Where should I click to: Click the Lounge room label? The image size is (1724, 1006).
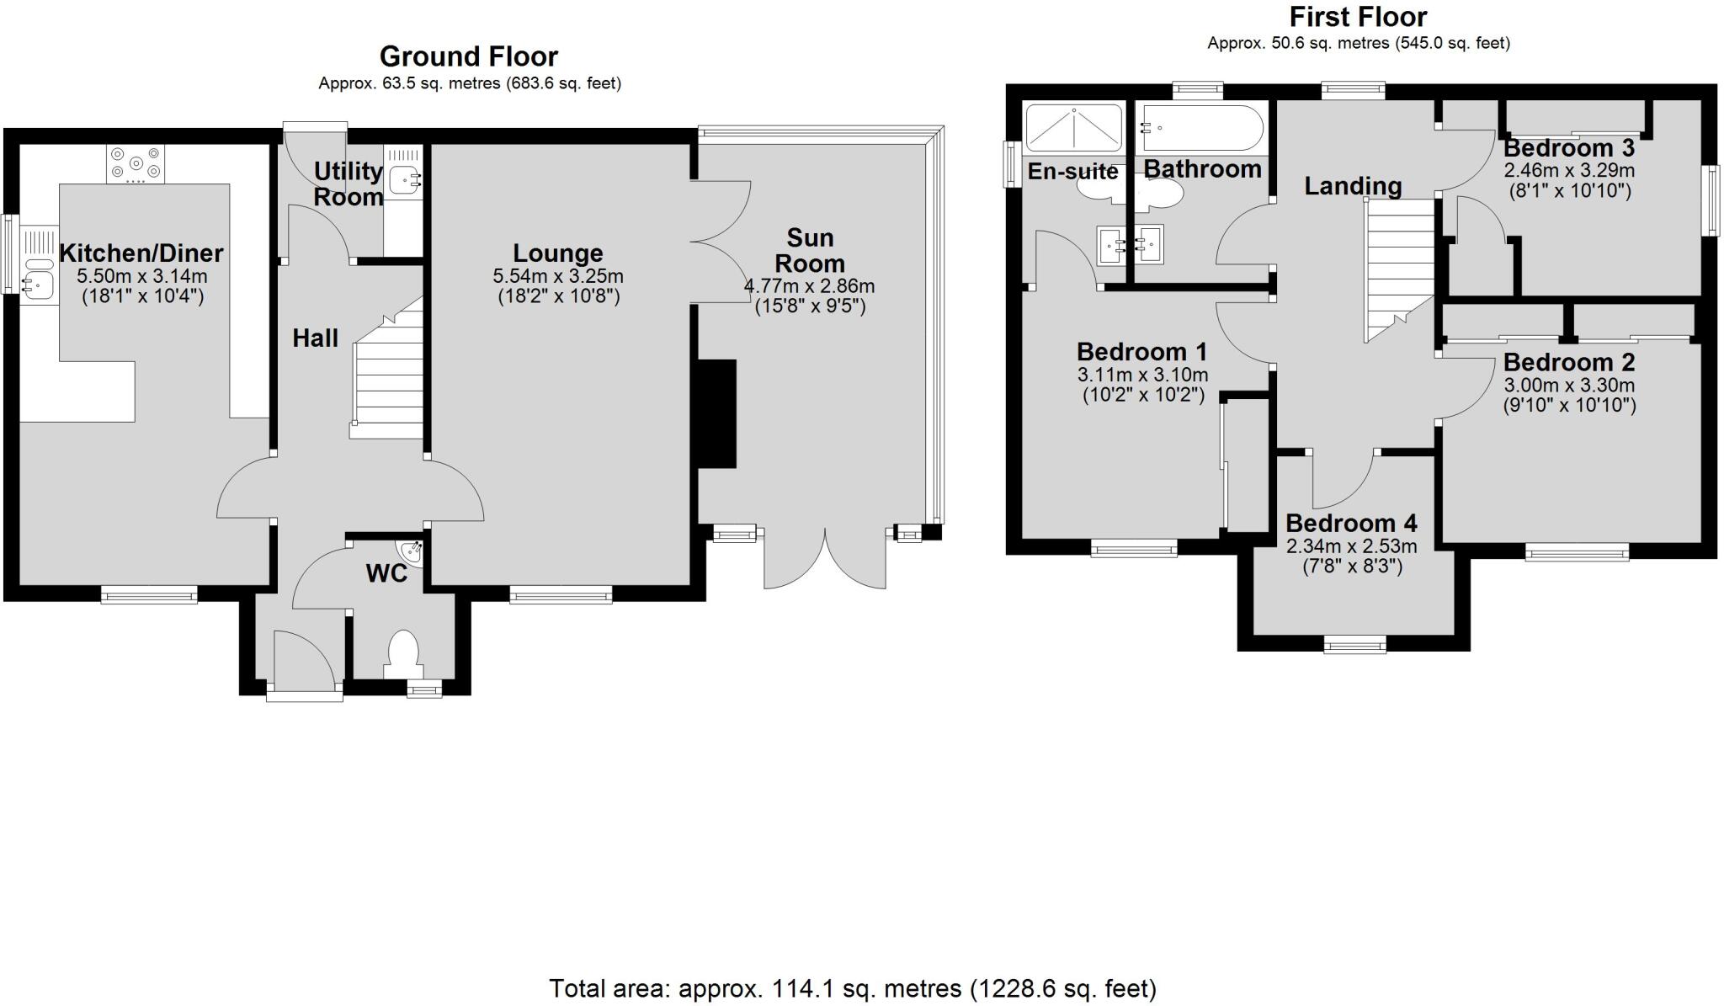pos(557,253)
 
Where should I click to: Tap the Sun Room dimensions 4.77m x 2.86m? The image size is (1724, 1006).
pos(809,286)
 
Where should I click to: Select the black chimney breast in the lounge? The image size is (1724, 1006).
pos(716,413)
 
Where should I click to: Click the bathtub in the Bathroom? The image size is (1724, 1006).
pos(1200,128)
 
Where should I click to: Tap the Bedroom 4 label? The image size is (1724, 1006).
pos(1351,523)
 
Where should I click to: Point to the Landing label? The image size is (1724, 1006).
pos(1353,185)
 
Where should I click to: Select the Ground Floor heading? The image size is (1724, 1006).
pos(468,56)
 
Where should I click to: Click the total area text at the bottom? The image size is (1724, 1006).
pos(852,987)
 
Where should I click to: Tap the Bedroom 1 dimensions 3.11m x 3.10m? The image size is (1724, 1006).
pos(1141,375)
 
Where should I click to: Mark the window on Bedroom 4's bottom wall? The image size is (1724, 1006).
pos(1354,644)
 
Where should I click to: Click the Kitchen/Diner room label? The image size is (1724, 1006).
pos(141,253)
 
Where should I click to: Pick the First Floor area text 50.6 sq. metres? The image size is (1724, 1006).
pos(1358,43)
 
